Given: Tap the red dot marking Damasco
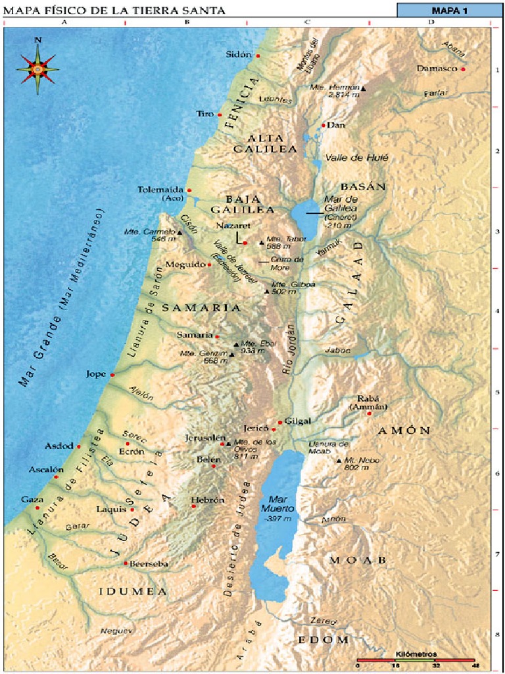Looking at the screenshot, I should [463, 69].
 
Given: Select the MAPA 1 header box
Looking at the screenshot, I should [449, 11].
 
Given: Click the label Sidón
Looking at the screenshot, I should [238, 55].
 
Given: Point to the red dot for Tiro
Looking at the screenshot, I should [220, 115].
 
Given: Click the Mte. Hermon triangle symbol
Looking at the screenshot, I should [363, 88].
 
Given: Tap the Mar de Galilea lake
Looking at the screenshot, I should [304, 214].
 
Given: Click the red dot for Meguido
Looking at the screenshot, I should [210, 265].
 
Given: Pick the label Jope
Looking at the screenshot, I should [96, 375].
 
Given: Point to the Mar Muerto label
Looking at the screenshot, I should [277, 504].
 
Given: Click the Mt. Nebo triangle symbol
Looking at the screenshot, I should [339, 461].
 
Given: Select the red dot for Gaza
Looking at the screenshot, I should [37, 507].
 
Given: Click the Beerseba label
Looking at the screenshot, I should [149, 564].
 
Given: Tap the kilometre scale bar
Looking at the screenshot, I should [416, 660].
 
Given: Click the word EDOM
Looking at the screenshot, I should [323, 640].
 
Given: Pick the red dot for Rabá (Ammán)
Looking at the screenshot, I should [369, 413].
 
